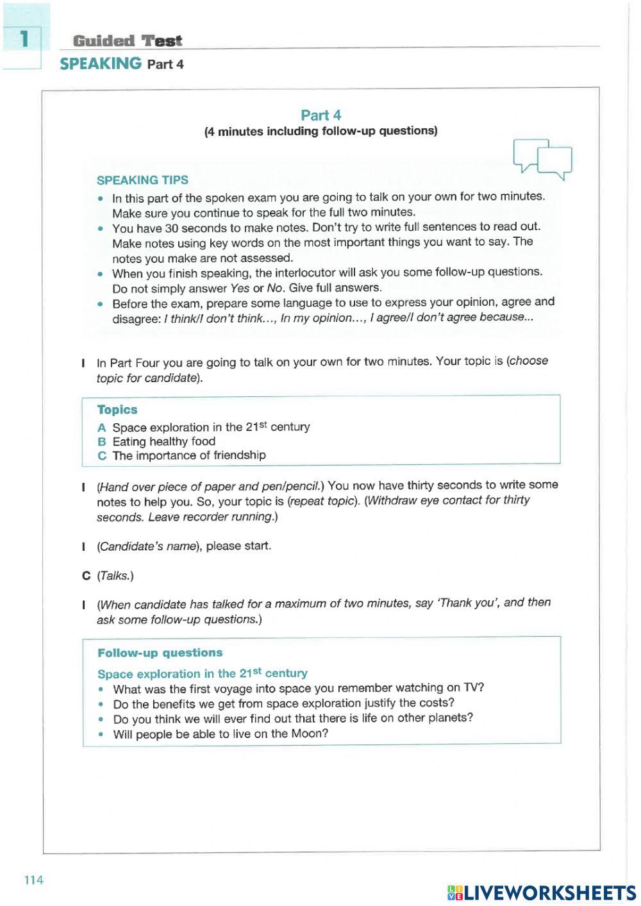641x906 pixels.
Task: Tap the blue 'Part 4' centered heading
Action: coord(320,115)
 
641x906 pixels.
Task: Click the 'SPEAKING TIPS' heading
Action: coord(142,180)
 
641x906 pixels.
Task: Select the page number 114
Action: coord(33,880)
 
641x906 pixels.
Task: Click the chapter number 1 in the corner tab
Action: coord(24,39)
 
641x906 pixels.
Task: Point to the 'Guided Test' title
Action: coord(128,41)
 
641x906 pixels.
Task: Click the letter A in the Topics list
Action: coord(101,428)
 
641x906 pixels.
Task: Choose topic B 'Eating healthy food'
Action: coord(163,441)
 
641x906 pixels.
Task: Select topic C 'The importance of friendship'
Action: coord(188,455)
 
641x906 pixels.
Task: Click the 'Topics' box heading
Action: coord(117,410)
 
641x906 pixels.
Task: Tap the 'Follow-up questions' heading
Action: coord(160,653)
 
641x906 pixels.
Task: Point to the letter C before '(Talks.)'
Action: coord(86,576)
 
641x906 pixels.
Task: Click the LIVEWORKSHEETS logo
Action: coord(542,892)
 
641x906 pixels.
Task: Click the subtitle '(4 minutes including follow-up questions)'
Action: coord(320,131)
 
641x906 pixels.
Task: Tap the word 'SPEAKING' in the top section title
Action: coord(101,63)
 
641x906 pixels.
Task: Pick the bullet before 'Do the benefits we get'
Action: coord(101,704)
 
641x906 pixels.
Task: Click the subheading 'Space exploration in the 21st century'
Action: coord(202,673)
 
